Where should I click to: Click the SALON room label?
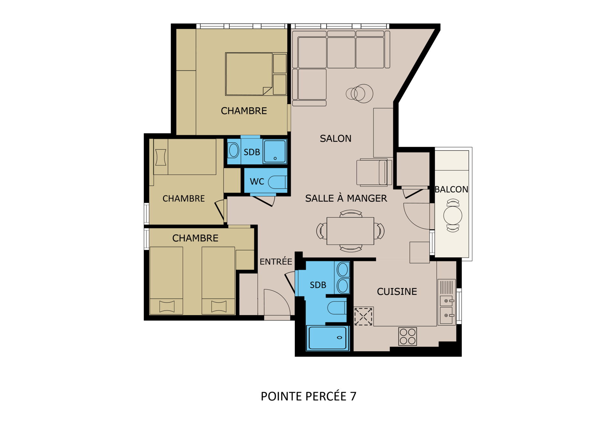point(335,138)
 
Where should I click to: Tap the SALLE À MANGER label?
point(346,198)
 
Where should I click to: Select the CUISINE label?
point(397,292)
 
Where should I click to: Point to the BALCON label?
point(451,189)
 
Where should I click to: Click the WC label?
point(257,182)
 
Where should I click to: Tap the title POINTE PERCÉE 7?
point(308,396)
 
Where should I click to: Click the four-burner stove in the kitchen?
point(407,336)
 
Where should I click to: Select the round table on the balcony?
point(453,215)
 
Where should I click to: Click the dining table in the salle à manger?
point(350,231)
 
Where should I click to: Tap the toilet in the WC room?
point(278,182)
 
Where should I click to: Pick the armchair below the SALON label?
point(374,172)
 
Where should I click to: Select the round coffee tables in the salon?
point(359,93)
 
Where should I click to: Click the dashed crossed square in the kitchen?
point(363,317)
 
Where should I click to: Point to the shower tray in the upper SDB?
point(275,151)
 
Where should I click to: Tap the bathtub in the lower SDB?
point(328,338)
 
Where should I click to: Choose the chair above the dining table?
point(351,214)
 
